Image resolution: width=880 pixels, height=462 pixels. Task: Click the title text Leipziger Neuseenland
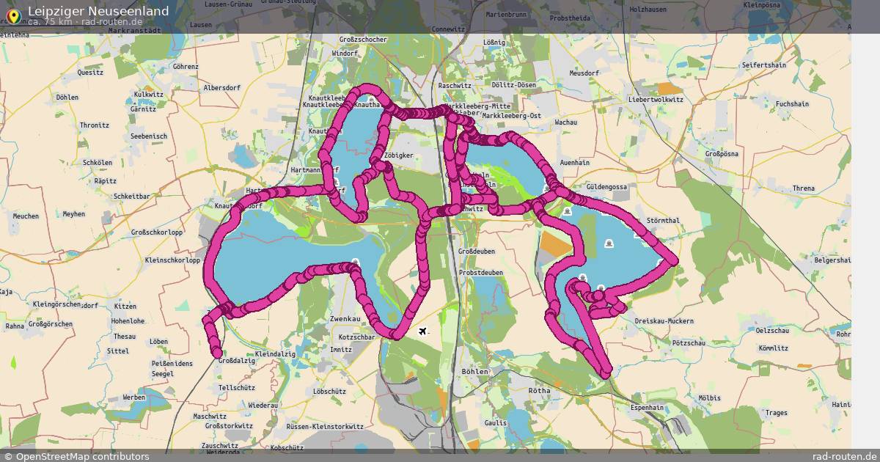tap(98, 11)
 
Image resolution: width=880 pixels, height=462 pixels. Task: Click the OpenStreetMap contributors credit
tap(81, 456)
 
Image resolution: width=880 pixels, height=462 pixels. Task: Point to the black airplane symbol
tap(423, 331)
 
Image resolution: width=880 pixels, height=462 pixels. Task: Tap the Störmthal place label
tap(664, 220)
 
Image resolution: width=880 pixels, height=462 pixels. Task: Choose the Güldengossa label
tap(608, 187)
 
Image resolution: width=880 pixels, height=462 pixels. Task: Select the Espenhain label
tap(648, 407)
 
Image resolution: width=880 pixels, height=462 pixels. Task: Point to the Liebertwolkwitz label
tap(656, 99)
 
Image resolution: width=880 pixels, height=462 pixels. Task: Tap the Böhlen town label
tap(475, 372)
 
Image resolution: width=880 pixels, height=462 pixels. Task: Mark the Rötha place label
tap(539, 391)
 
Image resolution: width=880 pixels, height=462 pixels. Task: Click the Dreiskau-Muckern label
tap(664, 321)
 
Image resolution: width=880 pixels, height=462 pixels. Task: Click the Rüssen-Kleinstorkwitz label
tap(325, 426)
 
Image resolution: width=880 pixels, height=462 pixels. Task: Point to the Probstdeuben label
tap(480, 271)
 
